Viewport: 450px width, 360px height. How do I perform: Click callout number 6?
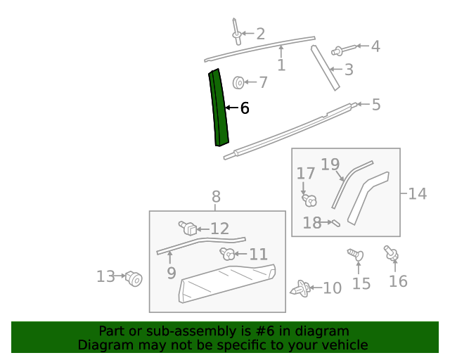(x=245, y=108)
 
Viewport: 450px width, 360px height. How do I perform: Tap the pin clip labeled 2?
(x=236, y=31)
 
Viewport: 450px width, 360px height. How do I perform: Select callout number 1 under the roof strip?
(x=281, y=65)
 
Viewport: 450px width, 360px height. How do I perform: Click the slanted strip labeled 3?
(x=326, y=67)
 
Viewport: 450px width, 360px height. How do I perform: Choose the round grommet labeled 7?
(x=239, y=83)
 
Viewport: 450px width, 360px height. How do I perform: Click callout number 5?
(x=376, y=105)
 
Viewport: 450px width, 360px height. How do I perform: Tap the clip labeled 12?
(x=188, y=228)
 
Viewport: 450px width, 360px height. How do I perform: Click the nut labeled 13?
(x=134, y=279)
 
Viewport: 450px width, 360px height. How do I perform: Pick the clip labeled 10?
(x=302, y=288)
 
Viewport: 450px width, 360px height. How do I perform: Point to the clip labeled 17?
(x=308, y=199)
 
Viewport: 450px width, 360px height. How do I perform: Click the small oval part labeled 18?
(x=335, y=224)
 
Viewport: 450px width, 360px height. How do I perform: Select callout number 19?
(x=330, y=165)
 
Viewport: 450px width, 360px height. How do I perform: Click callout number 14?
(x=417, y=193)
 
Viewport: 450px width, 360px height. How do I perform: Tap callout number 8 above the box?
(x=216, y=196)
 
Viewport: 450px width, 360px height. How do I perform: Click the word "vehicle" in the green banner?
(x=343, y=345)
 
